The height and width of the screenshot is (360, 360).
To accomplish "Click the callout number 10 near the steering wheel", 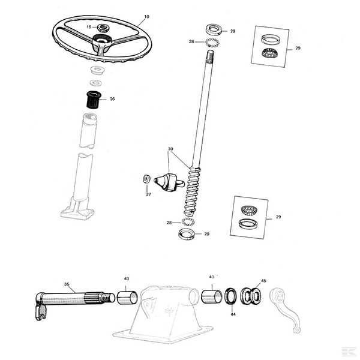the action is pyautogui.click(x=147, y=17).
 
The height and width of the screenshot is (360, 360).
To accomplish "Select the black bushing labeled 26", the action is pyautogui.click(x=93, y=100).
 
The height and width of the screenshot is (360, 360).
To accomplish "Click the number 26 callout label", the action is pyautogui.click(x=112, y=99).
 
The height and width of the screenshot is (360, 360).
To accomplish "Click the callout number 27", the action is pyautogui.click(x=149, y=194).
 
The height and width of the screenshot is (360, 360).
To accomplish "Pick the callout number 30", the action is pyautogui.click(x=170, y=149).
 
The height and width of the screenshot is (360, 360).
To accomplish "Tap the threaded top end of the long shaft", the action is pyautogui.click(x=210, y=56).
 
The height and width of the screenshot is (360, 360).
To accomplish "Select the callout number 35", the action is pyautogui.click(x=67, y=284).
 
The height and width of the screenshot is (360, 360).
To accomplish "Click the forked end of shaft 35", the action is pyautogui.click(x=41, y=311).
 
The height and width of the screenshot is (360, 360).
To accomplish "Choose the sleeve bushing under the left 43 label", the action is pyautogui.click(x=127, y=298).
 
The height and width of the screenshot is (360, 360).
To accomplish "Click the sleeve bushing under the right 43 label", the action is pyautogui.click(x=212, y=296).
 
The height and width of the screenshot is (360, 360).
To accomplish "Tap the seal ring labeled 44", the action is pyautogui.click(x=230, y=296).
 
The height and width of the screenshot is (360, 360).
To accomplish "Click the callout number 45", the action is pyautogui.click(x=263, y=281).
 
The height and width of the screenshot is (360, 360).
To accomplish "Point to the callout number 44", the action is pyautogui.click(x=233, y=314).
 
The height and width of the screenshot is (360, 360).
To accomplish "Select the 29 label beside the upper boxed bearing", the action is pyautogui.click(x=298, y=48).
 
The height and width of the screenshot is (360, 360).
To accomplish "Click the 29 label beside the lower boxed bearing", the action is pyautogui.click(x=278, y=217).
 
